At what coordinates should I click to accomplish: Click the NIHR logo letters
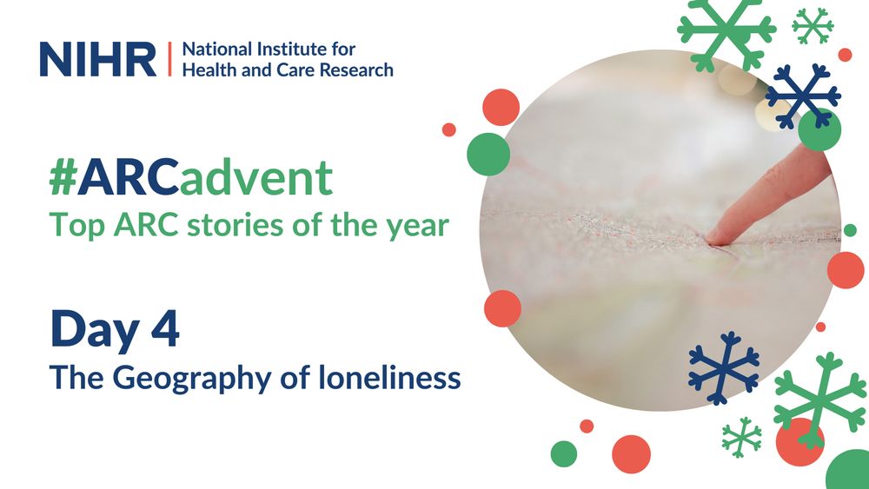click(97, 58)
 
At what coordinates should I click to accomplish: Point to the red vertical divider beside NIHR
click(169, 58)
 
